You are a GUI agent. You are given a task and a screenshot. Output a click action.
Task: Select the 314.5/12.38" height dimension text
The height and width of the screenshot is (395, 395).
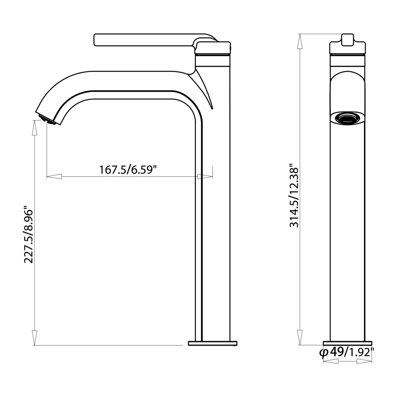tap(294, 198)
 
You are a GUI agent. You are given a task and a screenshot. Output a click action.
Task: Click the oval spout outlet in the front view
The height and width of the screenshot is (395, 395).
tap(348, 118)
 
